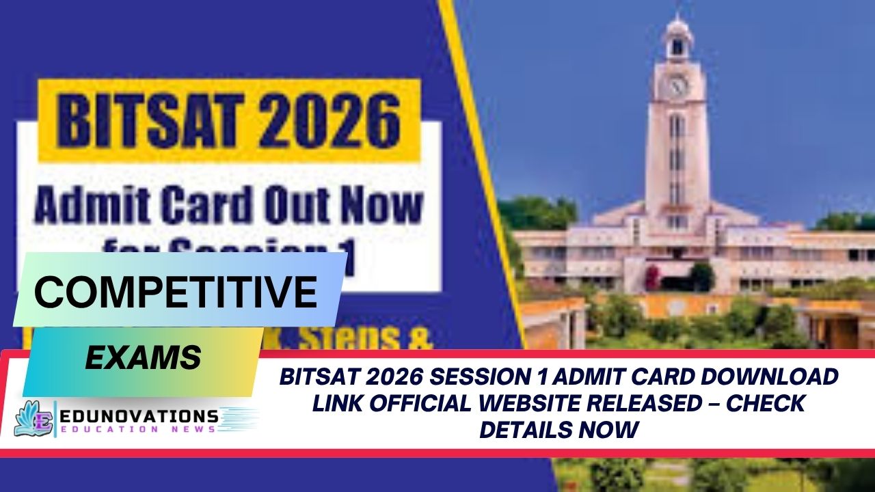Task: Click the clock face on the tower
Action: (677, 86)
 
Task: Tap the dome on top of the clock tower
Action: (677, 27)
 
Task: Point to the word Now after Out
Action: (382, 204)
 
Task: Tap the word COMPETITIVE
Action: (176, 292)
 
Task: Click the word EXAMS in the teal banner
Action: (143, 357)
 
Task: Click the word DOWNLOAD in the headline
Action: (768, 377)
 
